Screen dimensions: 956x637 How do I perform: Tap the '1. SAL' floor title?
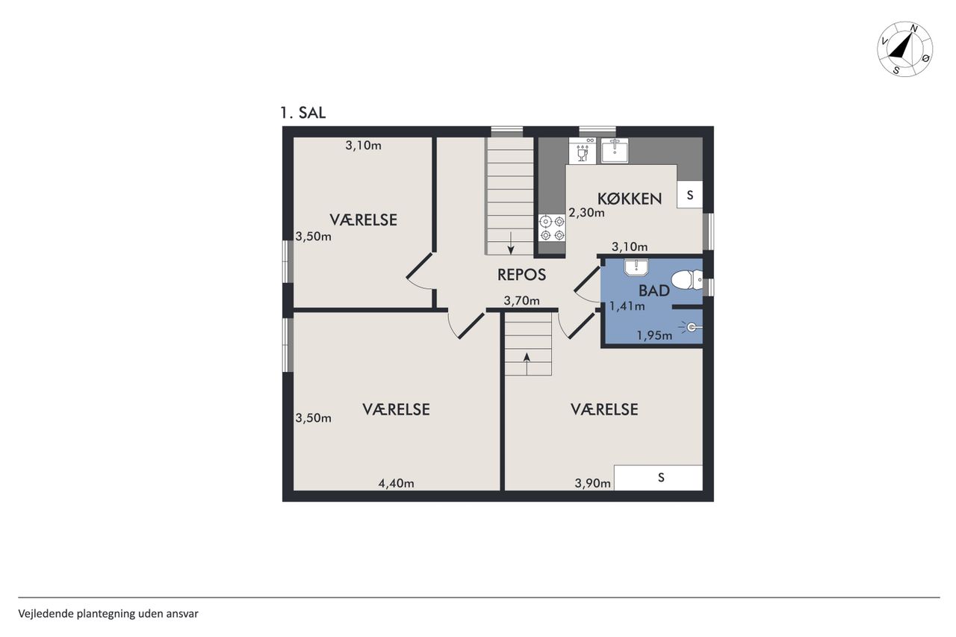303,113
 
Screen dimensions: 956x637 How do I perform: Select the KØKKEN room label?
630,199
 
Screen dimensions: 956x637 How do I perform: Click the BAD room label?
654,290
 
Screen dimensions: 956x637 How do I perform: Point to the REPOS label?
521,275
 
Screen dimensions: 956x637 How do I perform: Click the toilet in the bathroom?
686,280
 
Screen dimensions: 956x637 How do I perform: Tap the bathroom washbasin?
636,267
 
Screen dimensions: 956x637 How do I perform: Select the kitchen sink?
615,150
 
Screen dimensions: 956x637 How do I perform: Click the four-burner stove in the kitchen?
552,228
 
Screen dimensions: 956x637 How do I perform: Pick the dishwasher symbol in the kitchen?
583,151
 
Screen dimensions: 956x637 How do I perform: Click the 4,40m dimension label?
396,483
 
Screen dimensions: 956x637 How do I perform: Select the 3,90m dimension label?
592,483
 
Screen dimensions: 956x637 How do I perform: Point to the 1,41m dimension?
627,306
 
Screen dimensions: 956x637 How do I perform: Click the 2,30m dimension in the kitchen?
586,212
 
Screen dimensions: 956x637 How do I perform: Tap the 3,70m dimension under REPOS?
521,301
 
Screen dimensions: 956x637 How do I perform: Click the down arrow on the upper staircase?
511,243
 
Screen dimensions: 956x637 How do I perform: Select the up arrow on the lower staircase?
527,364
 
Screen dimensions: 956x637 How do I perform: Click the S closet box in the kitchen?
689,195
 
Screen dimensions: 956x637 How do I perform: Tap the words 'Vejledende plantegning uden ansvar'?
108,614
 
